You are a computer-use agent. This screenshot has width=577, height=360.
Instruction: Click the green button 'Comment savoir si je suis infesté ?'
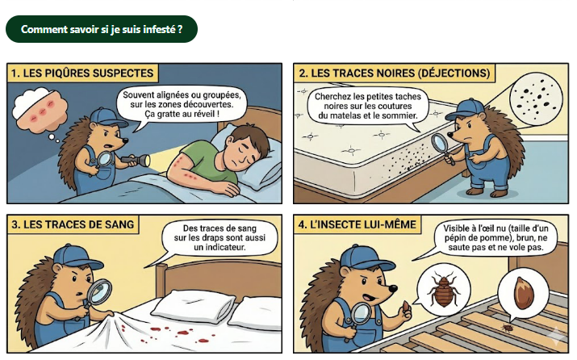102,29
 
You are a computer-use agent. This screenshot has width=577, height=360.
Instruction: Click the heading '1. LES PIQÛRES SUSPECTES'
82,73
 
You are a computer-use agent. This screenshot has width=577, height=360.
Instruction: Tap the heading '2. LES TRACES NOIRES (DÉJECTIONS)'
394,73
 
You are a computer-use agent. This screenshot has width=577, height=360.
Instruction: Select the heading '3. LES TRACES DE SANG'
73,224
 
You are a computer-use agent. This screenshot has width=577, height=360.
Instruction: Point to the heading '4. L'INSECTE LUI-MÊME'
357,224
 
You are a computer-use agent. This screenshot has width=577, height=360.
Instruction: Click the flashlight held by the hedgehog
136,160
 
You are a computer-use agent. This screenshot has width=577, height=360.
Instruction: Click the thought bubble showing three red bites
40,110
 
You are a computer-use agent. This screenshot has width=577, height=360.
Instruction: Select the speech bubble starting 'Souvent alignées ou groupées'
182,105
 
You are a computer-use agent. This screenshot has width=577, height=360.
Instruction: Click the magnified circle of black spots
536,97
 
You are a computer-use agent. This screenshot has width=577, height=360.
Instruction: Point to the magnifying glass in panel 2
441,145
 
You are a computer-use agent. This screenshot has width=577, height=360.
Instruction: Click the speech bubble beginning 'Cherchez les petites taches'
368,107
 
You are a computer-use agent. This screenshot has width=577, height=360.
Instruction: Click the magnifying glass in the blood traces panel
98,291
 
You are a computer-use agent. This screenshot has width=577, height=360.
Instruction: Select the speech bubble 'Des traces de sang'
220,238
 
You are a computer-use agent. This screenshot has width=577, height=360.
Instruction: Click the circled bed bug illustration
444,290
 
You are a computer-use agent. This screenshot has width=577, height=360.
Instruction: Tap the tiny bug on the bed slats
508,327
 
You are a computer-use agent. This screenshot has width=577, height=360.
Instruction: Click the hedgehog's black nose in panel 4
393,289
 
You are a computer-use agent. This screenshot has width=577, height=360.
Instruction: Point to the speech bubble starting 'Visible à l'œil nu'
495,238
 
